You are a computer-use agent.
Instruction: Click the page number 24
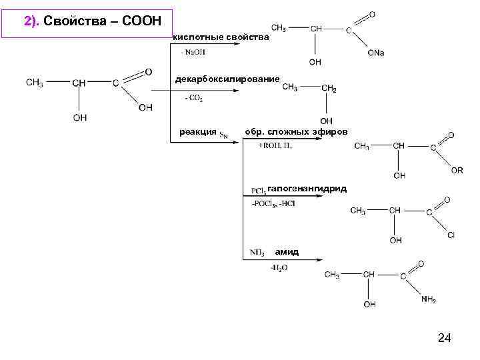point(445,339)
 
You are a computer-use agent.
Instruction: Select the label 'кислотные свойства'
point(221,37)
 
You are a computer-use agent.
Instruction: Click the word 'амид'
point(287,252)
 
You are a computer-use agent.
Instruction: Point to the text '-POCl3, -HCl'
point(273,203)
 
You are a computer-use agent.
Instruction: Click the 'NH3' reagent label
point(257,253)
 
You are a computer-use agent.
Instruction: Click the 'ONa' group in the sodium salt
point(375,53)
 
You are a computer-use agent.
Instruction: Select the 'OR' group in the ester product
point(457,171)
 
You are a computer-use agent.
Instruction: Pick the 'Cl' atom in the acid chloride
point(451,235)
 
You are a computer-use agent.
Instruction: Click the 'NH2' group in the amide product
point(429,299)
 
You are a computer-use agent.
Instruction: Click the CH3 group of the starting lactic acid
point(36,83)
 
